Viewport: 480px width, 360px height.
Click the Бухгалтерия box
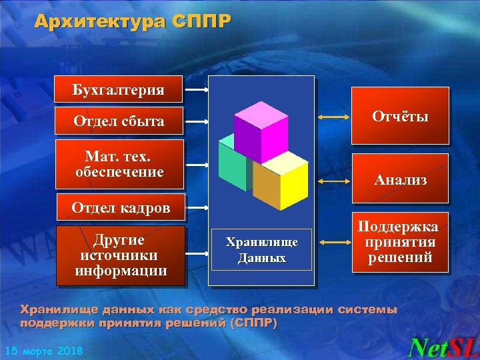(x=119, y=89)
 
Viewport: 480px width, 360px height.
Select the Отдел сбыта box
(x=119, y=121)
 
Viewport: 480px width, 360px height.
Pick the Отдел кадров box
(x=121, y=208)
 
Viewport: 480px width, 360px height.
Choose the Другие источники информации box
(x=120, y=255)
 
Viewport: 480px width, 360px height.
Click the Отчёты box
(x=401, y=117)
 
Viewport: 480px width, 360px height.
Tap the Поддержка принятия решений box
(x=401, y=243)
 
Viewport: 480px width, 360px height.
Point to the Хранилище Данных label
(x=261, y=250)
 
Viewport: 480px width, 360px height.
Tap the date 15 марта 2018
(x=44, y=351)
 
